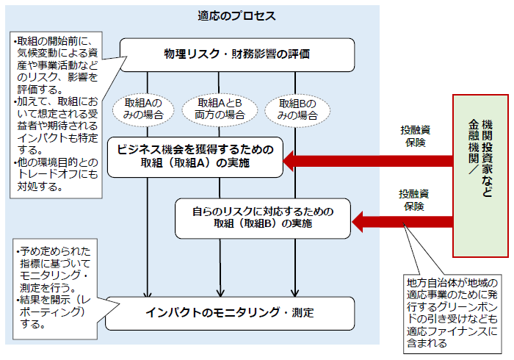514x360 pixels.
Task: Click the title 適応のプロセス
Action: click(x=236, y=15)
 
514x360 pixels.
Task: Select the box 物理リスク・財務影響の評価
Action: click(x=237, y=54)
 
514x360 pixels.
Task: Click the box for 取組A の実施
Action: click(x=195, y=156)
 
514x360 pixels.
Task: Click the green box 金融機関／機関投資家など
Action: click(x=480, y=177)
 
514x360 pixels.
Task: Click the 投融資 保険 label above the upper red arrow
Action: click(x=415, y=136)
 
